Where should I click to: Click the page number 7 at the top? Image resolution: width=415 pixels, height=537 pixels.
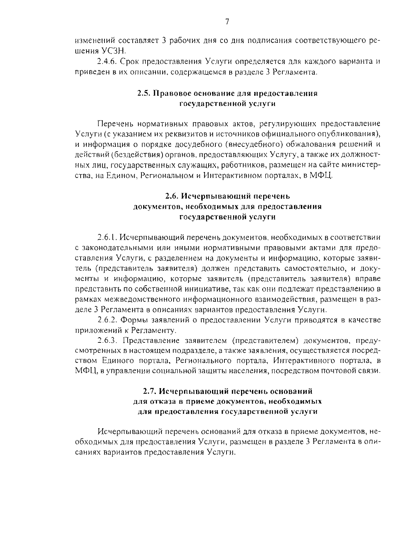tap(227, 22)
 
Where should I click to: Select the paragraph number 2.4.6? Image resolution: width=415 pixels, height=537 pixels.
tap(107, 62)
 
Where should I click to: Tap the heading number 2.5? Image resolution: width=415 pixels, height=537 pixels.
tap(143, 93)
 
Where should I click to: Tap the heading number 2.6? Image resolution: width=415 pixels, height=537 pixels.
tap(172, 196)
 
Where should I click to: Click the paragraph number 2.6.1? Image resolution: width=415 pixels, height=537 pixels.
tap(107, 238)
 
